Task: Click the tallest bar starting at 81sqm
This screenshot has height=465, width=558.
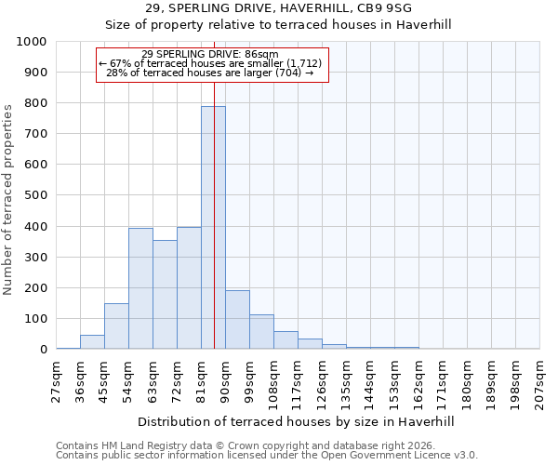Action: pos(213,228)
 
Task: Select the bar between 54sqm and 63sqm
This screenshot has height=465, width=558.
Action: pos(140,288)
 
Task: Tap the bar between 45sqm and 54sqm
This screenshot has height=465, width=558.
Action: pos(116,326)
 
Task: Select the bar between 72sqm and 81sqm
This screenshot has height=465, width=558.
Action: pos(189,288)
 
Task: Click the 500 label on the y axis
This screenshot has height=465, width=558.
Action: pos(35,196)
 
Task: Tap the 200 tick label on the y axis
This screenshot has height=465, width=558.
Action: pos(35,288)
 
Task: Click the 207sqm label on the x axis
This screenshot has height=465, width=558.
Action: pos(540,381)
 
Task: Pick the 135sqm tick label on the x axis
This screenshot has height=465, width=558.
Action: pos(347,381)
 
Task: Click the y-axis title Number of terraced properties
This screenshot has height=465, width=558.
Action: pos(8,199)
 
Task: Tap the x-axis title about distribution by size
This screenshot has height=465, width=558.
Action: pos(297,421)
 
